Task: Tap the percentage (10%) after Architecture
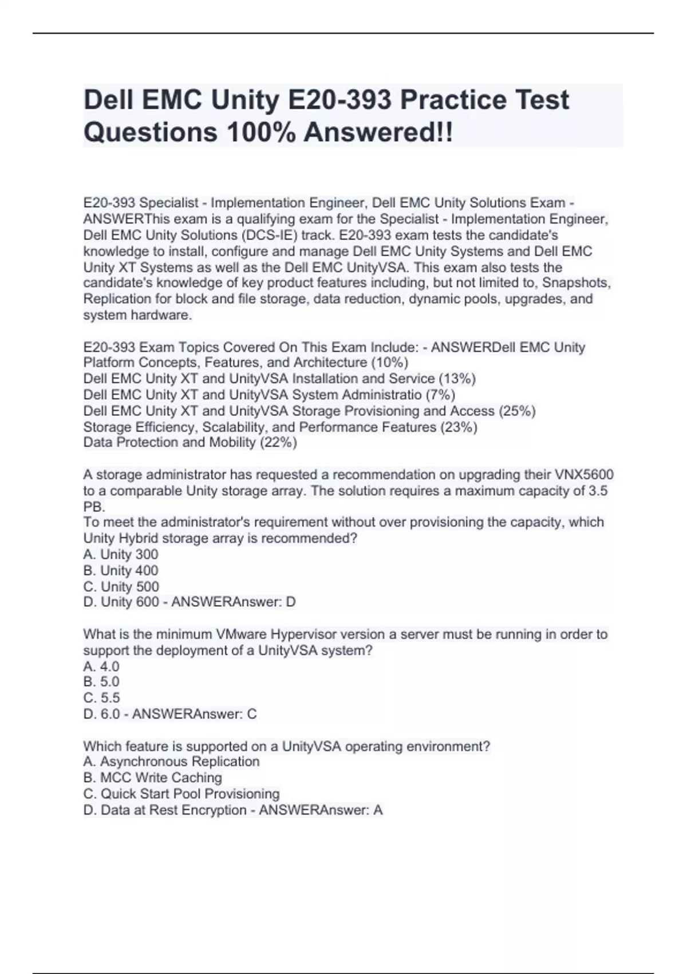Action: pos(389,363)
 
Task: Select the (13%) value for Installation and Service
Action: pos(456,379)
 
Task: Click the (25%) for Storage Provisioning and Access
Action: pos(517,411)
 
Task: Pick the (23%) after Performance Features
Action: pos(459,427)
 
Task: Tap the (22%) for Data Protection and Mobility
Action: pos(278,442)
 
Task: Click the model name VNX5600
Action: pos(584,475)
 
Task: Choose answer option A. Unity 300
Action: pos(121,555)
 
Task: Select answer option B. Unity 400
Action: pos(121,571)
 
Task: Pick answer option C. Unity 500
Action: pos(121,587)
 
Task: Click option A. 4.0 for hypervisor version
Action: pos(101,666)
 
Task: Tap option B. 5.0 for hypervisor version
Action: pos(101,682)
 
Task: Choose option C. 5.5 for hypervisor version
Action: pos(101,698)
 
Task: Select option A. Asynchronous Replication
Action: pos(171,761)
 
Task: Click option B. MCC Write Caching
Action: pos(152,777)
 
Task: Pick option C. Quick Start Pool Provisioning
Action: pos(181,794)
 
